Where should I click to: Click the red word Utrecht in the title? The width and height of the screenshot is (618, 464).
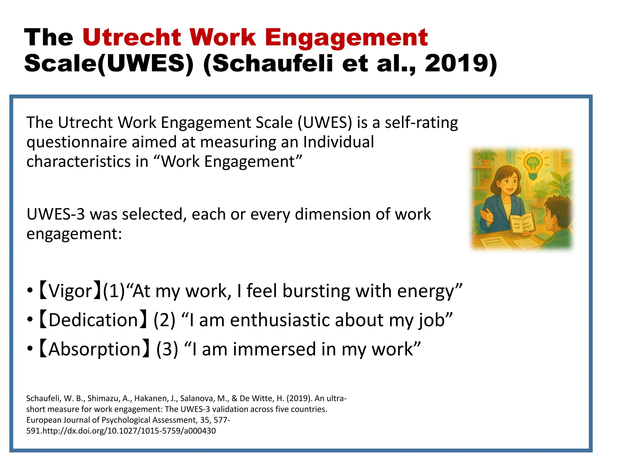click(132, 37)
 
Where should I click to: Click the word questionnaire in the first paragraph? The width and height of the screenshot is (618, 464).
click(77, 142)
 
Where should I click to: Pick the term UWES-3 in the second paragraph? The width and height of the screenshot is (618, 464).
click(56, 214)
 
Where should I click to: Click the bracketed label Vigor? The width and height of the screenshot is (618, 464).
click(70, 291)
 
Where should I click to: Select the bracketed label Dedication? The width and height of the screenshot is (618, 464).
click(93, 320)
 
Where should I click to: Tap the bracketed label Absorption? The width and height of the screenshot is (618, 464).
click(94, 349)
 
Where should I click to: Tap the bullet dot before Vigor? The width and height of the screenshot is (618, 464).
click(30, 291)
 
